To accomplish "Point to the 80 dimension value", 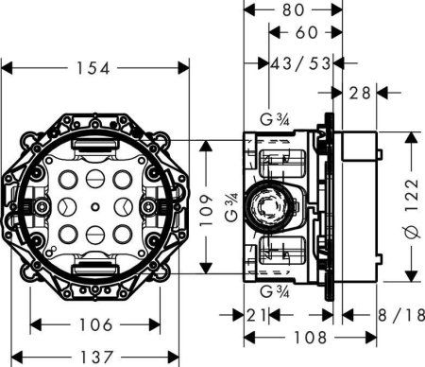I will pos(292,12).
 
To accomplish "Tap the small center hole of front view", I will pos(94,205).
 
